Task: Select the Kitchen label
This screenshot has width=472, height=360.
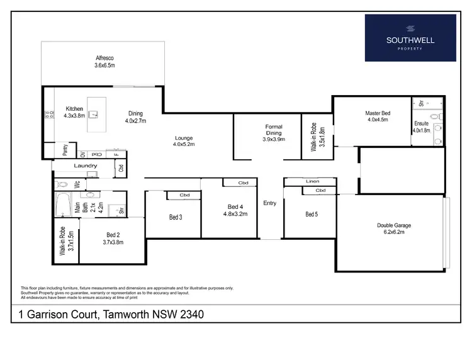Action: coord(75,108)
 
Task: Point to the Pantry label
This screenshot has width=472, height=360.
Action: coord(64,152)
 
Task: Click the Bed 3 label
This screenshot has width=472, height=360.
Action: coord(176,218)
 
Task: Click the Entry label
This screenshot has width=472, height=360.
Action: coord(270,203)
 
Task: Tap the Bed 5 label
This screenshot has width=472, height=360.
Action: coord(312,214)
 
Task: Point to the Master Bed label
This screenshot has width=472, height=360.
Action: coord(378,113)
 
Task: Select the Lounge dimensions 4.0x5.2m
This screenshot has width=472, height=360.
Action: coord(184,144)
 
